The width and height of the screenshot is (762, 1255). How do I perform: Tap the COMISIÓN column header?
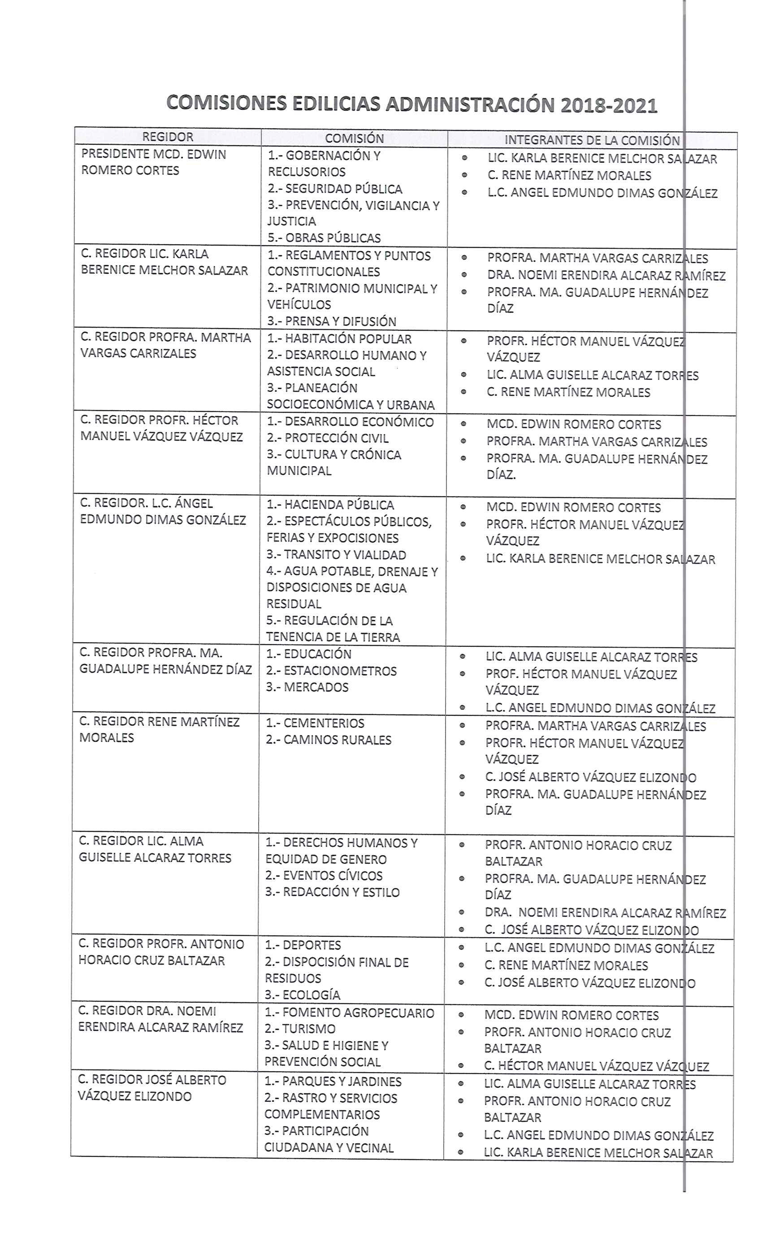(354, 138)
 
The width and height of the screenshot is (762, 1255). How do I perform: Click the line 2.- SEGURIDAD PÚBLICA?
(335, 189)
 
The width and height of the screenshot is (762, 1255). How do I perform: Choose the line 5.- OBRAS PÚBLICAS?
(324, 238)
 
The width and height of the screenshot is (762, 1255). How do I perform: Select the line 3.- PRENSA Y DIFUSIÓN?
(332, 321)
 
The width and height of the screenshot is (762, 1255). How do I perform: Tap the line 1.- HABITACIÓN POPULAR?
(339, 339)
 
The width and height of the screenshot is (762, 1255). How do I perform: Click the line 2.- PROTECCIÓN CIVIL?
(328, 438)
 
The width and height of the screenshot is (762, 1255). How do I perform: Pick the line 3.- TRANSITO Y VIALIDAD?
(336, 555)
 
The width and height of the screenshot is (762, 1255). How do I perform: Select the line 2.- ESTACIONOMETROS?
(331, 671)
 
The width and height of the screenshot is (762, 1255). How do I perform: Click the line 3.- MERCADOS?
(307, 687)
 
